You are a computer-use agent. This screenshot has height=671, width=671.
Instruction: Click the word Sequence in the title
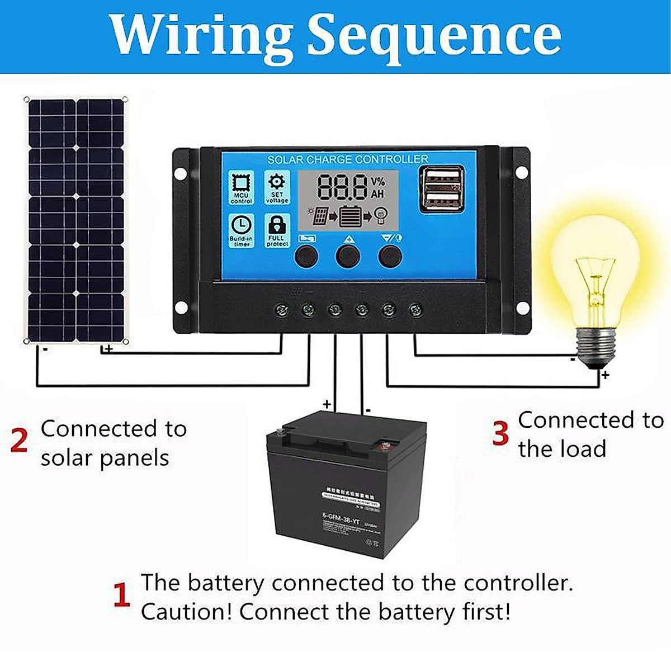coord(434,35)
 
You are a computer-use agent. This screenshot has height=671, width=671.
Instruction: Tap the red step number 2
coord(19,441)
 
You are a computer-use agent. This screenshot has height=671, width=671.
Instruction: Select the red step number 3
coord(500,433)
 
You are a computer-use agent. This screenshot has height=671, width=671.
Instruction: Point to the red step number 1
coord(121,596)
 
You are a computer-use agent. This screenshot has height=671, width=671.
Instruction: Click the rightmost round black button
coord(390,257)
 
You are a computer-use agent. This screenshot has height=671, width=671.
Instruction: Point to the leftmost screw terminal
coord(281,309)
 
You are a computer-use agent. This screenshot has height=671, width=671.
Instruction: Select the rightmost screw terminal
coord(415,309)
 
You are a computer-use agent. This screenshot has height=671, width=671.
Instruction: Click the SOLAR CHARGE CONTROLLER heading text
coord(348,159)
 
